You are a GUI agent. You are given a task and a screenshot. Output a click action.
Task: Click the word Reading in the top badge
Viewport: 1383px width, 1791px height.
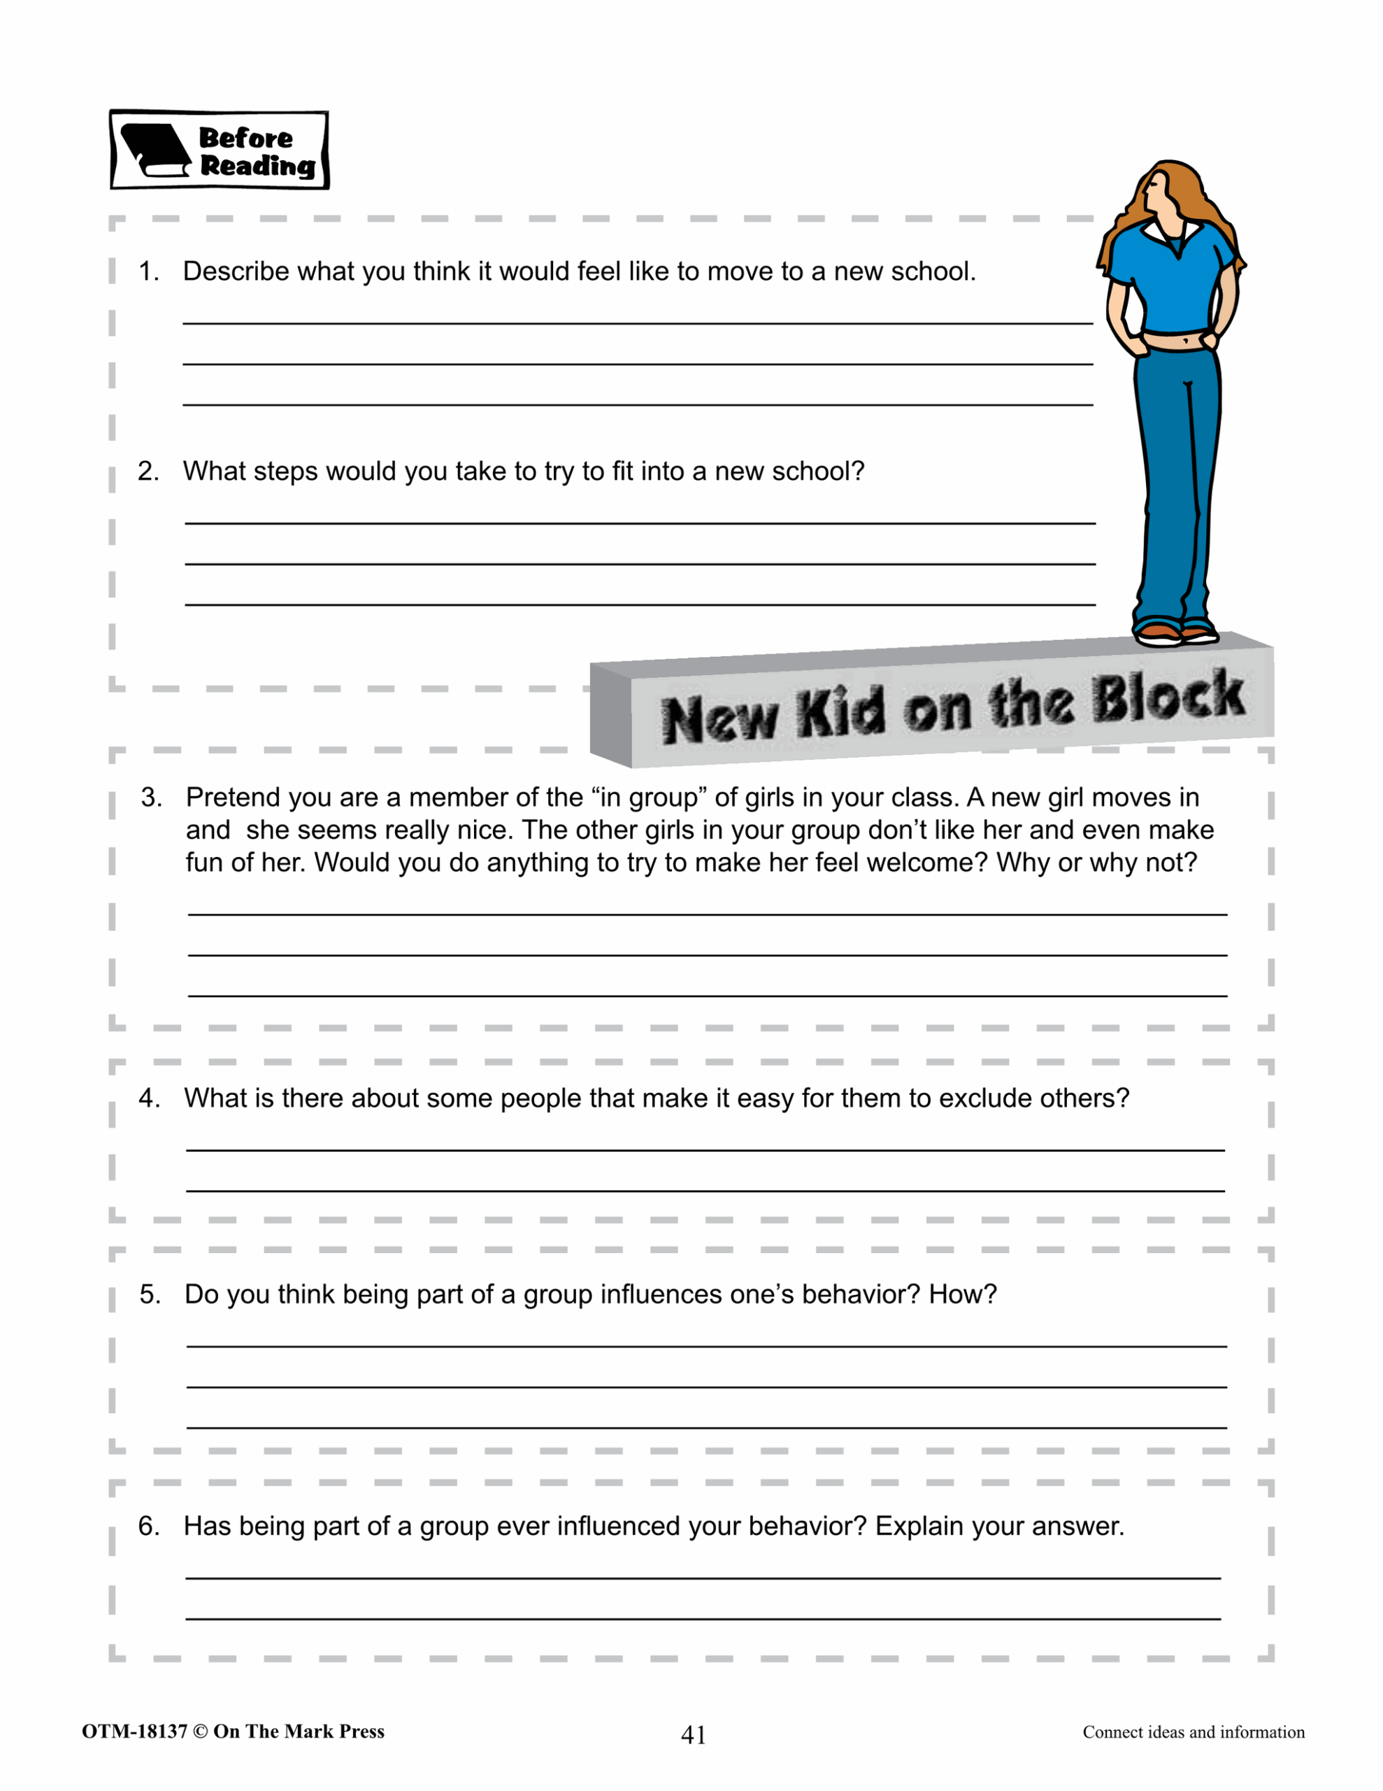click(x=257, y=166)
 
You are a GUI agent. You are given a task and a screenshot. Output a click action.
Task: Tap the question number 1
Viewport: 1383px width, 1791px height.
click(x=148, y=271)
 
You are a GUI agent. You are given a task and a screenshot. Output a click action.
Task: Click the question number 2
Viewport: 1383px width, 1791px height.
click(x=148, y=472)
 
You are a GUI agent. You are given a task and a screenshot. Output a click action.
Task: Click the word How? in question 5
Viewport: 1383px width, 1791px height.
click(x=963, y=1294)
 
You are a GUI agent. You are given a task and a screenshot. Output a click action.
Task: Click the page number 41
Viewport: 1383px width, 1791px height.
click(x=694, y=1734)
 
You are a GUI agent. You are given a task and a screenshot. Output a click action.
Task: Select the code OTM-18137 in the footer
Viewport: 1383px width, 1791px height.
click(x=134, y=1731)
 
